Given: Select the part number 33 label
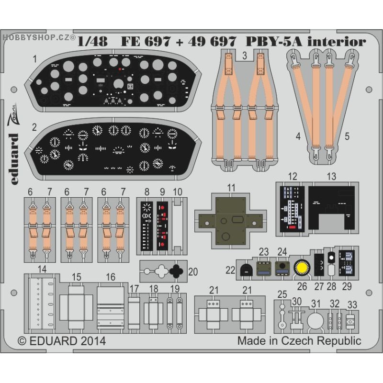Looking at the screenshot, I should tap(353, 304).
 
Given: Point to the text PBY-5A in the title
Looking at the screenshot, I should tap(268, 42).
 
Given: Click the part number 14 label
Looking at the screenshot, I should tap(43, 270).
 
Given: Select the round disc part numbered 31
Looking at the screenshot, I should tap(315, 321).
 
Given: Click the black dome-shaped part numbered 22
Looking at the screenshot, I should tap(246, 269).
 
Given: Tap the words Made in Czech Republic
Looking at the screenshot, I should tap(299, 341).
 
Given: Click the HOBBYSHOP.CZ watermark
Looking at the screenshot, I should tap(38, 36).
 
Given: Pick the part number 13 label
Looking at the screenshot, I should tap(331, 177).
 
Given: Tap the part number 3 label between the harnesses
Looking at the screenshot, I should tap(244, 56).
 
